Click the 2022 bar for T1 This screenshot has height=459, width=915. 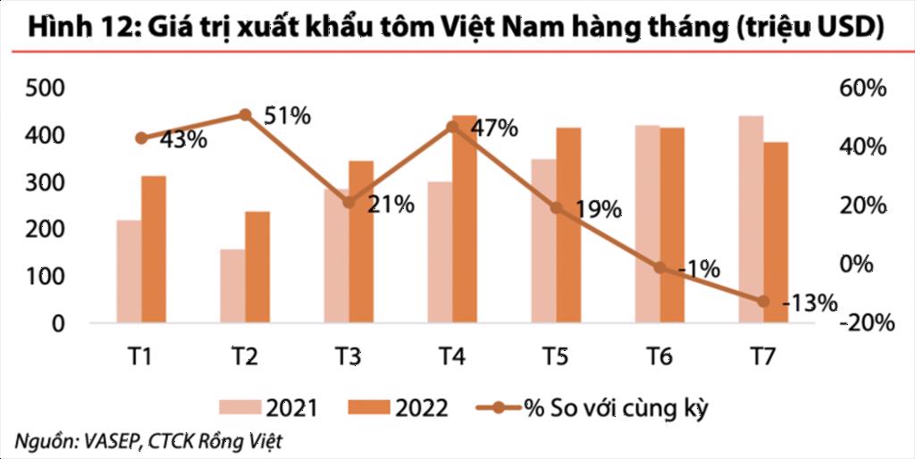coord(154,249)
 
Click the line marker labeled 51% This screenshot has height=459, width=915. coord(246,114)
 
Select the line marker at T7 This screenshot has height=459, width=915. coord(763,301)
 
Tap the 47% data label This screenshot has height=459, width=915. coord(494,128)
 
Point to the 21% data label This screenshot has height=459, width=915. coord(390,204)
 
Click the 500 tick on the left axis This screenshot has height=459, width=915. coord(45,88)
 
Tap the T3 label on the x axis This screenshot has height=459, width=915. coord(348,357)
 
